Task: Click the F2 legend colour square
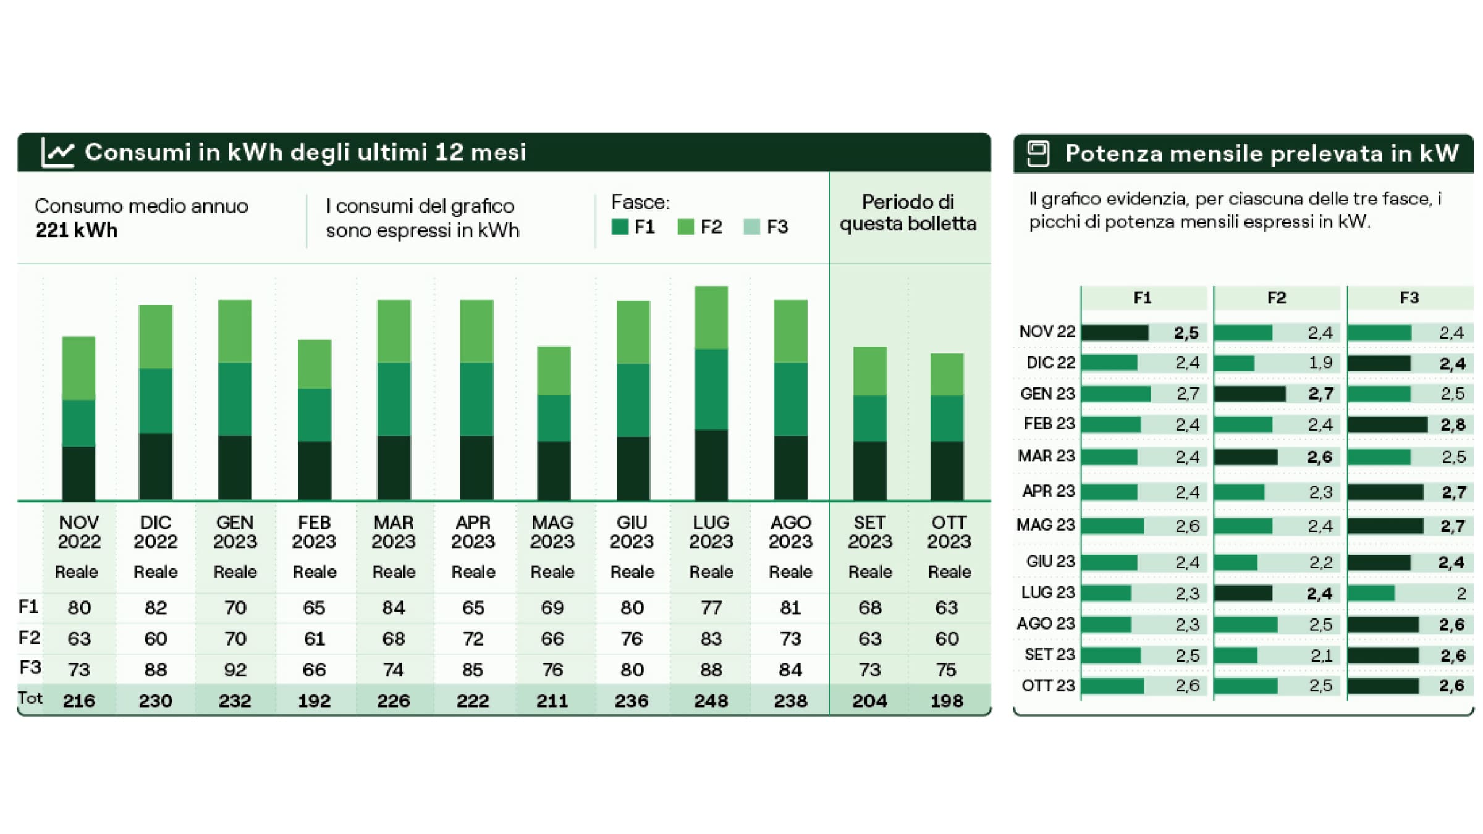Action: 685,227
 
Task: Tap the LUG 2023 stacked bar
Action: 711,394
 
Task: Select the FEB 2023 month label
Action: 314,532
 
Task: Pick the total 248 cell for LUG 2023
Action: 711,701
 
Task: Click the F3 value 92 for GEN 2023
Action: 235,670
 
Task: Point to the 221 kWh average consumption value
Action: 77,230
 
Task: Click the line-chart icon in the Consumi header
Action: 57,152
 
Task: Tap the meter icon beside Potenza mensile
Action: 1038,153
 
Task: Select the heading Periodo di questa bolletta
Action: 908,213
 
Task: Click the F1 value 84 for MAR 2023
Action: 394,607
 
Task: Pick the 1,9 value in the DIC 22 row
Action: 1320,363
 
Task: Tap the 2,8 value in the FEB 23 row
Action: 1453,424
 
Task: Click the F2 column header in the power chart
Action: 1276,298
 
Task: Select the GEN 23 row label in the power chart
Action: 1048,394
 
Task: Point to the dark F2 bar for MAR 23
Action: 1246,457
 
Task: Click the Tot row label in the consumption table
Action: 30,698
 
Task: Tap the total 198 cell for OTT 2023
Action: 947,701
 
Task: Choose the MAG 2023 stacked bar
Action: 553,423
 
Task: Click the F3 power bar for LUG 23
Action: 1371,593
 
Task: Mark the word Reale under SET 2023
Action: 870,572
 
